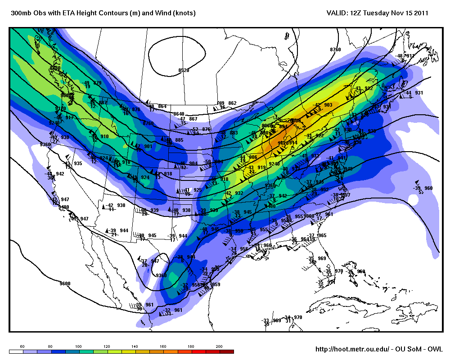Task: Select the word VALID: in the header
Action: [336, 13]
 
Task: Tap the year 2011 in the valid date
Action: [420, 13]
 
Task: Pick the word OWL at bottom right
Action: [435, 349]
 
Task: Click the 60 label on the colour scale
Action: [22, 346]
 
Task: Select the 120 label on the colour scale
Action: [107, 346]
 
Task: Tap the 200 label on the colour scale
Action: [219, 346]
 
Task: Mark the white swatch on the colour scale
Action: [16, 351]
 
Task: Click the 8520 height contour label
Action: [184, 70]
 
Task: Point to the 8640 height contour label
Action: [179, 114]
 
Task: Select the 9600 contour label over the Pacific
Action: [65, 283]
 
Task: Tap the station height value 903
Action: [328, 105]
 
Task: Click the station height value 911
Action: [410, 56]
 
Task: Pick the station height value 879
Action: [97, 83]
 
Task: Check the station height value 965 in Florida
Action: [322, 235]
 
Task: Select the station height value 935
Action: [78, 163]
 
